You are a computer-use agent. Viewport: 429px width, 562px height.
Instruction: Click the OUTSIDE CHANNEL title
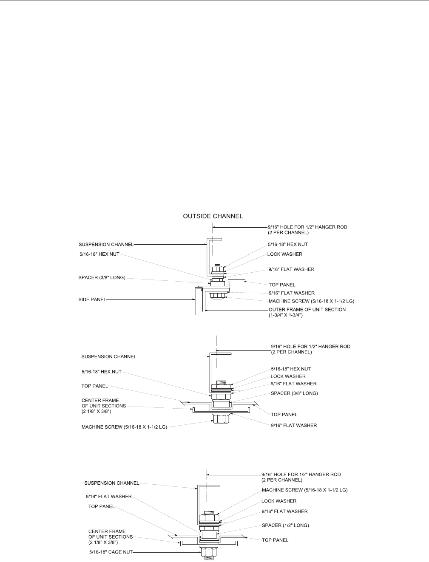click(x=213, y=216)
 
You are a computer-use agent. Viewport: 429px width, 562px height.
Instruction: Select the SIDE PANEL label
click(x=92, y=299)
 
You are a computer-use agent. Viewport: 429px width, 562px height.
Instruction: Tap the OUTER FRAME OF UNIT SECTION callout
click(x=307, y=309)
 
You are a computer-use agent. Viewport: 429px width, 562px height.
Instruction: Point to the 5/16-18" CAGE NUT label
click(x=111, y=552)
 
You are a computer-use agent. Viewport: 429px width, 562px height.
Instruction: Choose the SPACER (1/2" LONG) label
click(x=285, y=525)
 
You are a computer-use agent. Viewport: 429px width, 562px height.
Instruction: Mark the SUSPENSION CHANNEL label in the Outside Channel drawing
click(x=106, y=245)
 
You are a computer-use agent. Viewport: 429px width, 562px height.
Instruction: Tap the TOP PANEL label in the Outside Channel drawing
click(x=282, y=285)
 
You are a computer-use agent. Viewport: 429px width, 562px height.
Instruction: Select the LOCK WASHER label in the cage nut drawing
click(x=279, y=501)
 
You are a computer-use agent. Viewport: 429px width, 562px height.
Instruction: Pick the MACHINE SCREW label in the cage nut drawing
click(x=304, y=490)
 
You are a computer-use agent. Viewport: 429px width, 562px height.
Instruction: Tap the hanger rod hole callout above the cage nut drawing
click(x=301, y=474)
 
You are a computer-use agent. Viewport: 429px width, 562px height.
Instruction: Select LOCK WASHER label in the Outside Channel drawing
click(x=285, y=254)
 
